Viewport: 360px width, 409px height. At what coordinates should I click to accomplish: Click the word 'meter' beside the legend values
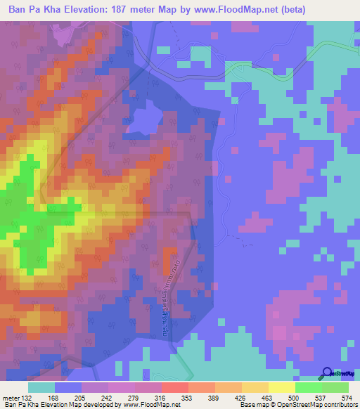tap(12, 397)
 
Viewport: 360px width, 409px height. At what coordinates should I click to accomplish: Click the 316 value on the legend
tap(161, 397)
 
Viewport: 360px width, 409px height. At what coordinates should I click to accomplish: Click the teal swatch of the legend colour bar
tap(41, 387)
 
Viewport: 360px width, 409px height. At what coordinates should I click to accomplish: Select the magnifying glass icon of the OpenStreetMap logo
tap(326, 372)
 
